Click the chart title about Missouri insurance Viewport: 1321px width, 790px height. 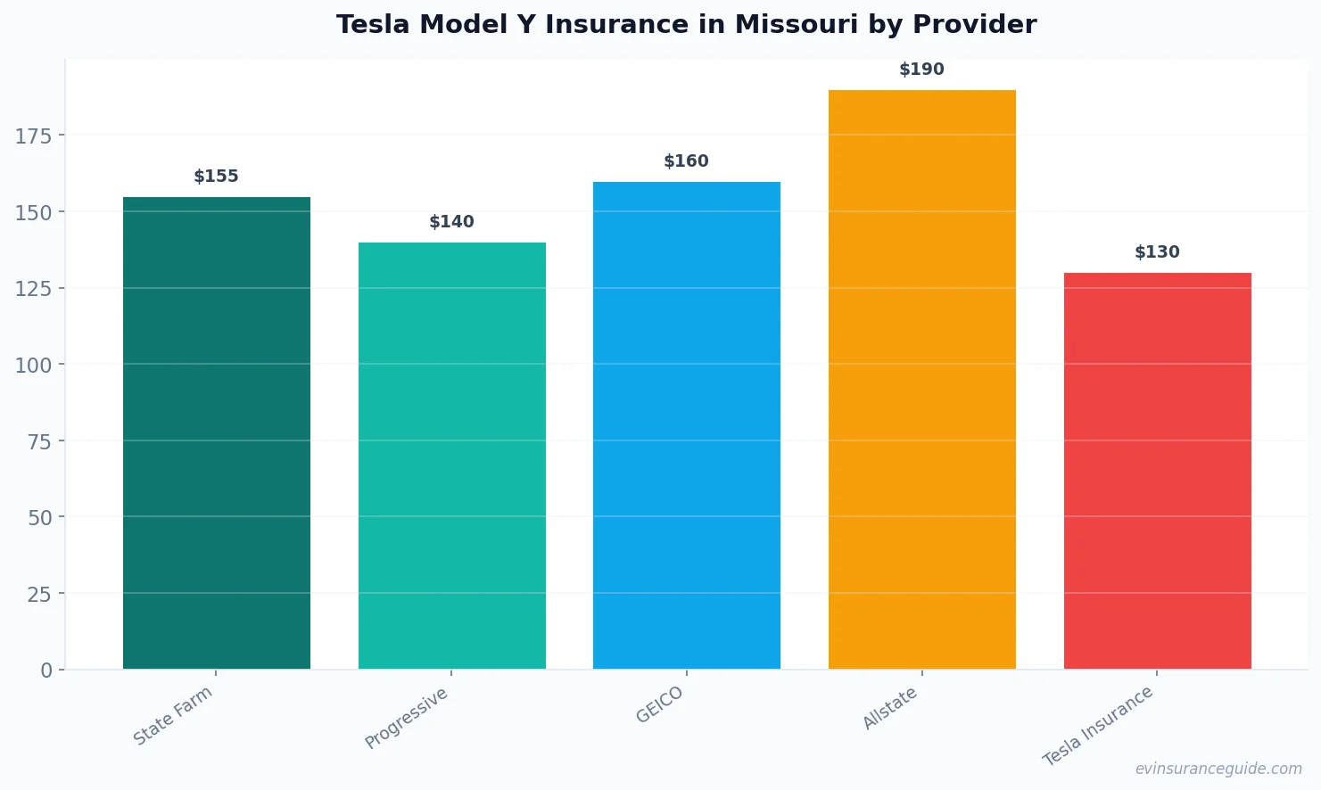tap(686, 25)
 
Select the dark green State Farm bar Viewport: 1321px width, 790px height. tap(217, 432)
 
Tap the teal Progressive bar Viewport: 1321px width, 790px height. tap(451, 456)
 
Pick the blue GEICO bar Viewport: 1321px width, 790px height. tap(686, 425)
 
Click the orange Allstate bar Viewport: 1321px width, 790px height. tap(921, 379)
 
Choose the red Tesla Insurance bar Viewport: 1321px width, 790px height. tap(1157, 471)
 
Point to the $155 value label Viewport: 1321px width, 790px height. tap(217, 177)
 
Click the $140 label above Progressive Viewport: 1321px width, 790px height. tap(451, 222)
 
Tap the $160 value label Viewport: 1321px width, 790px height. tap(686, 161)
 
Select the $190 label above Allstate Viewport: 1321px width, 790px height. tap(921, 70)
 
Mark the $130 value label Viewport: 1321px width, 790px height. tap(1157, 252)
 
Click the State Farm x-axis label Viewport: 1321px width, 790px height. tap(173, 715)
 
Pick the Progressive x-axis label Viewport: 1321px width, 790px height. tap(407, 718)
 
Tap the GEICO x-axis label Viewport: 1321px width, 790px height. tap(660, 704)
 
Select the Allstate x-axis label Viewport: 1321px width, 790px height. tap(890, 708)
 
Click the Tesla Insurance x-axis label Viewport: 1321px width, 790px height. tap(1098, 726)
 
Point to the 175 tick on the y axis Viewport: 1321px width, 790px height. tap(34, 136)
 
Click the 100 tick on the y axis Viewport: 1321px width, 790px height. tap(34, 365)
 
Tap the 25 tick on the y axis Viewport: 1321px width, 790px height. tap(39, 594)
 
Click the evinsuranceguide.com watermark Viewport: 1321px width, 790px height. tap(1218, 769)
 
